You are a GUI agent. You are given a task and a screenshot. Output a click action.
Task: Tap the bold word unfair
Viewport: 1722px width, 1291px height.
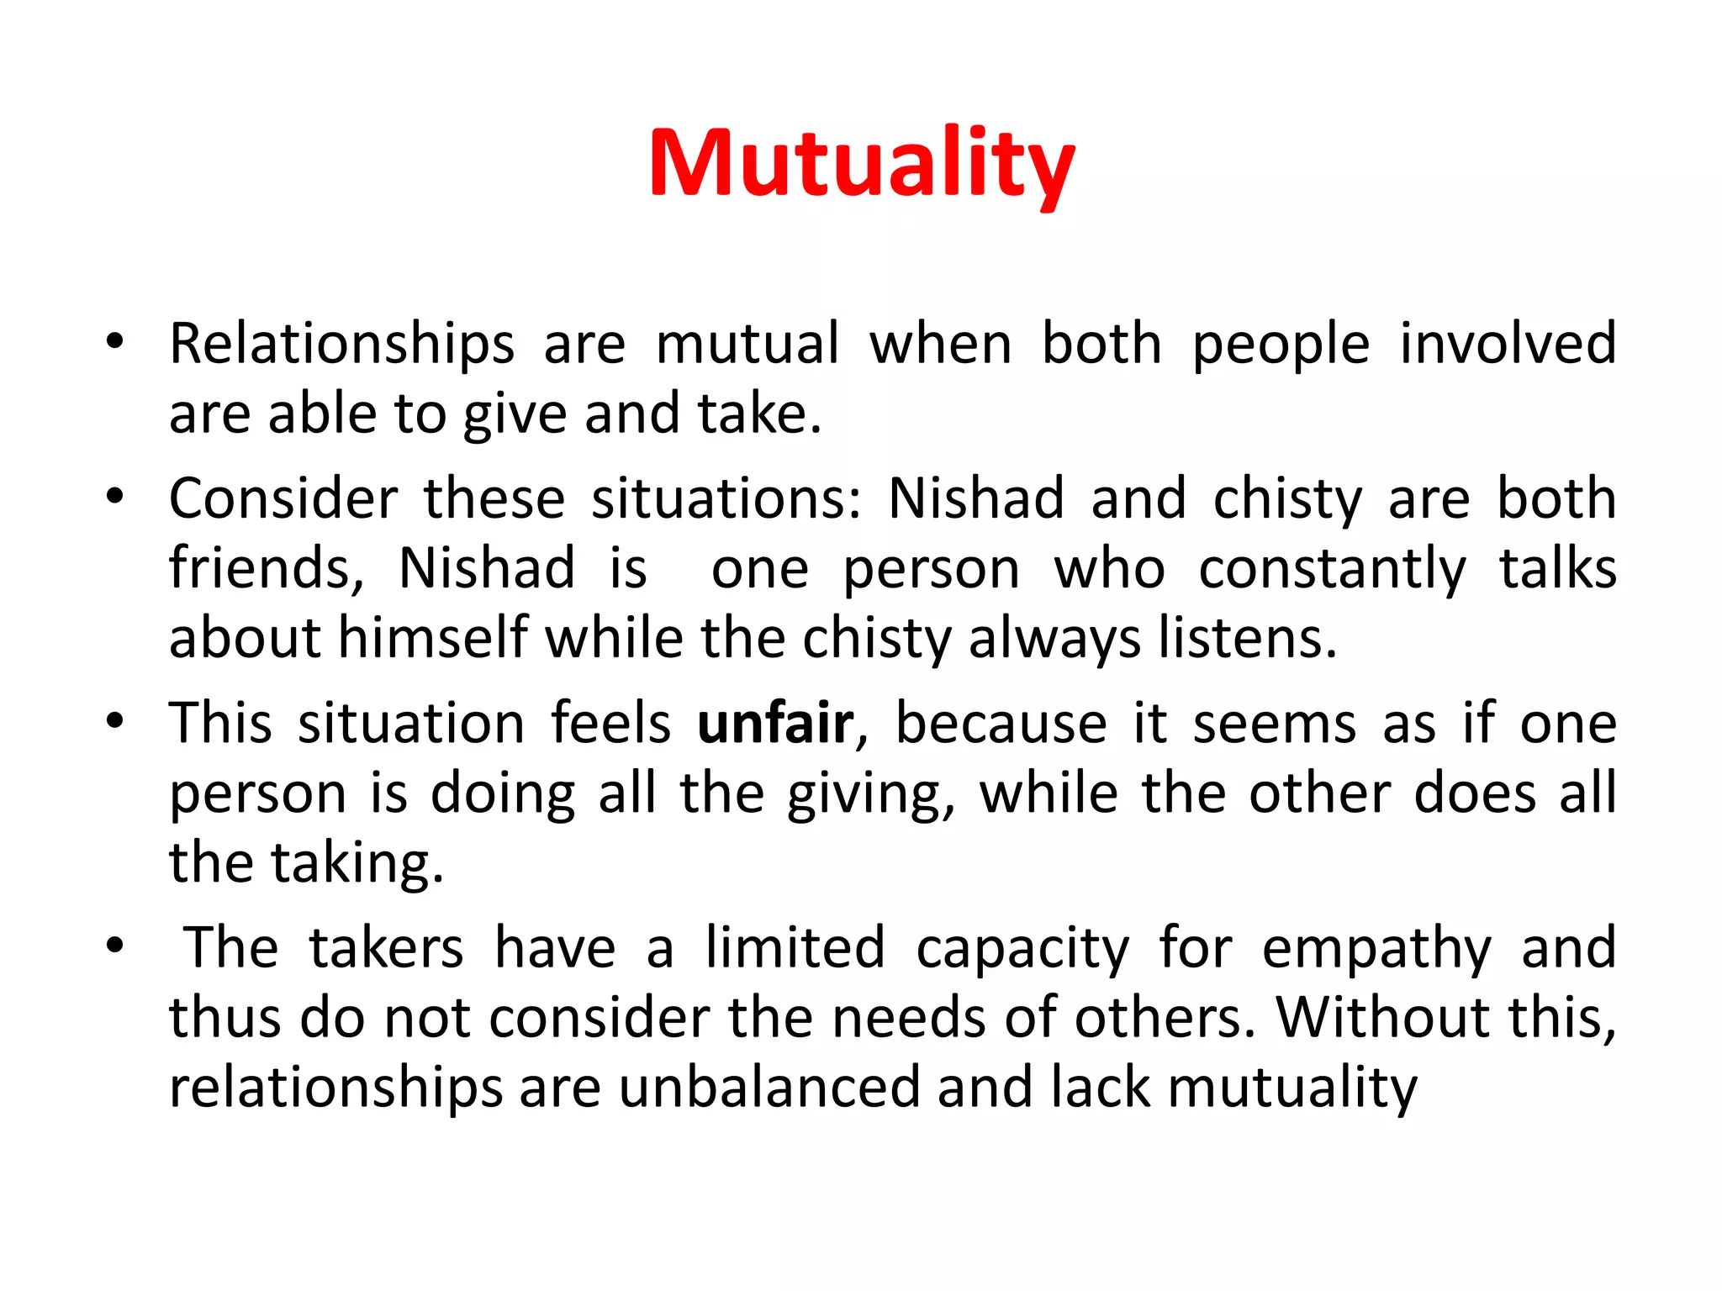click(775, 724)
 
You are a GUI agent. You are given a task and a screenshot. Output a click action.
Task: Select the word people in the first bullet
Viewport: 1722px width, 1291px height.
click(1281, 345)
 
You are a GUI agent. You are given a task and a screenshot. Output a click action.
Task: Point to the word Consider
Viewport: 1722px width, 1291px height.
click(283, 498)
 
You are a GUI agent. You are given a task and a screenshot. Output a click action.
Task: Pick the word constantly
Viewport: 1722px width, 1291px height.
click(1332, 570)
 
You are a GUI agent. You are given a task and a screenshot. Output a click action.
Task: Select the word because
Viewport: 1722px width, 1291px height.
click(1001, 724)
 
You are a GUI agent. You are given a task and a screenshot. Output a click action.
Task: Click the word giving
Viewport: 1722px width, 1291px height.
click(871, 795)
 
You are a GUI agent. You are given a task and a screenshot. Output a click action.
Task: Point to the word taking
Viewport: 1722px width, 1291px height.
click(357, 864)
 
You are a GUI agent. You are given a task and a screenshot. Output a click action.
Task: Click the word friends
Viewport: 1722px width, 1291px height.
click(266, 568)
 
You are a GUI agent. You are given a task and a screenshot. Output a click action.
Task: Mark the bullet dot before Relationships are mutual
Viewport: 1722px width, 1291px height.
click(115, 341)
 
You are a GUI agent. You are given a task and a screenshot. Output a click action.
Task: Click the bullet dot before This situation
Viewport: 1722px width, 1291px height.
click(115, 721)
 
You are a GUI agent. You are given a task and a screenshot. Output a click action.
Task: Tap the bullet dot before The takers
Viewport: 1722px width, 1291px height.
click(115, 946)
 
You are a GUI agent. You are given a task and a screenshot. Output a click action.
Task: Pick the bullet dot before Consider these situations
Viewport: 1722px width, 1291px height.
click(115, 496)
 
